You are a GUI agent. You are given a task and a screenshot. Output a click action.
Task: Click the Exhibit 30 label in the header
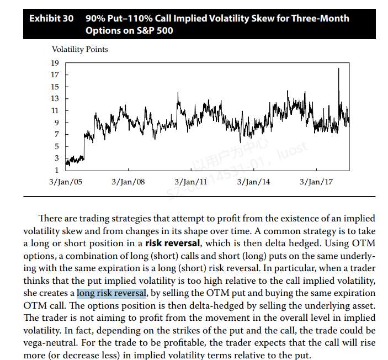(x=51, y=18)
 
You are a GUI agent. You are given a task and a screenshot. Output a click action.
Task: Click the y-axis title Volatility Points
(x=79, y=50)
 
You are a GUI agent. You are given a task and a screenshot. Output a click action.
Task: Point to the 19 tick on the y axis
(x=55, y=63)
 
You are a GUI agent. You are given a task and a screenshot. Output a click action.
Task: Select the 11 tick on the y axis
(x=55, y=110)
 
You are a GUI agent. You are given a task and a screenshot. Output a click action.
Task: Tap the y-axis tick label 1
(x=56, y=170)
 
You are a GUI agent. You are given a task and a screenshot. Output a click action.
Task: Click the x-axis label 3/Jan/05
(x=65, y=182)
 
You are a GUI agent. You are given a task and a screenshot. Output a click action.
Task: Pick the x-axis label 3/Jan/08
(x=128, y=182)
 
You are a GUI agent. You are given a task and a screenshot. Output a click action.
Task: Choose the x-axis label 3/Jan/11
(x=191, y=182)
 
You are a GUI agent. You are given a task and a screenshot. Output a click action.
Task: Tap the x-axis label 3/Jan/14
(x=254, y=182)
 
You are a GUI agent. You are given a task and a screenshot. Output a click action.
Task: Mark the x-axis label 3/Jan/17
(x=316, y=182)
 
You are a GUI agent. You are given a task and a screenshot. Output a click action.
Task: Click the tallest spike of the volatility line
(x=338, y=69)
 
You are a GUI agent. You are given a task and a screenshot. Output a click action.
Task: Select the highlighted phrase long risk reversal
(x=111, y=293)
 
